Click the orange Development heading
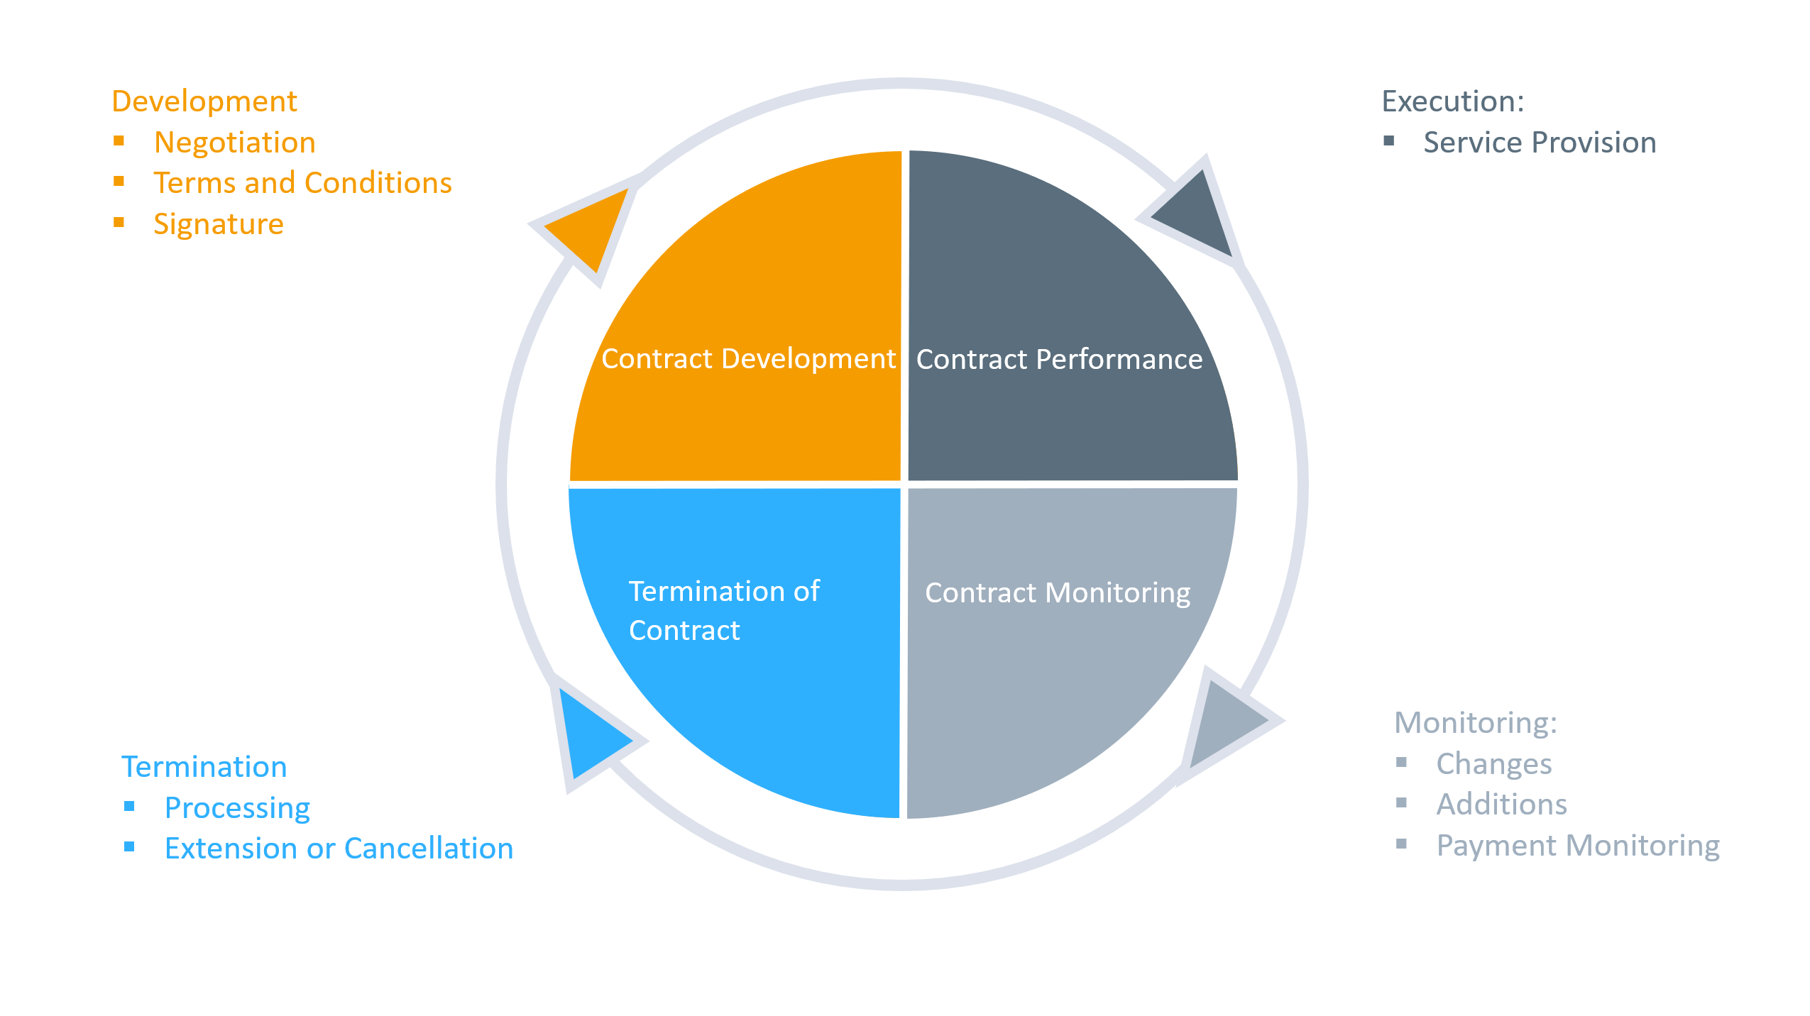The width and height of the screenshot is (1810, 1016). [x=204, y=101]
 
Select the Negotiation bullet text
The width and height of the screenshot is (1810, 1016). [x=235, y=143]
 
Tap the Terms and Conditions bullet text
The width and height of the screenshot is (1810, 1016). [x=302, y=183]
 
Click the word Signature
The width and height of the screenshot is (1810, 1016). [x=219, y=224]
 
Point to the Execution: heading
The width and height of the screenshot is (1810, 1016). [x=1452, y=101]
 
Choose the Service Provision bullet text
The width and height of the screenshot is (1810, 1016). [x=1540, y=143]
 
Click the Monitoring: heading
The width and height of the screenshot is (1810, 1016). [x=1475, y=723]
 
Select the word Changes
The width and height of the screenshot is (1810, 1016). [x=1493, y=764]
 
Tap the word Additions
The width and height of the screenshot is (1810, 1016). [x=1501, y=805]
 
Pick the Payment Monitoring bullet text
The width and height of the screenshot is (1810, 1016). [x=1577, y=846]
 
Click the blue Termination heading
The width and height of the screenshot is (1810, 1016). [x=204, y=767]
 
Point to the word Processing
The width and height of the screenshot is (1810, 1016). [x=237, y=808]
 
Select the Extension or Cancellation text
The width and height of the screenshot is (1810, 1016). [x=339, y=849]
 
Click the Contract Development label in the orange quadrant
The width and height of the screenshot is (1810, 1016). [x=748, y=359]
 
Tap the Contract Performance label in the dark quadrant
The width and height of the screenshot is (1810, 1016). [x=1059, y=360]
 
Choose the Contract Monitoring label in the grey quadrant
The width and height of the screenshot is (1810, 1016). [x=1058, y=593]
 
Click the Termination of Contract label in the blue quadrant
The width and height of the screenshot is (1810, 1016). [x=723, y=611]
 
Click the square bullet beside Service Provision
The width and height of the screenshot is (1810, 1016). [x=1389, y=141]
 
